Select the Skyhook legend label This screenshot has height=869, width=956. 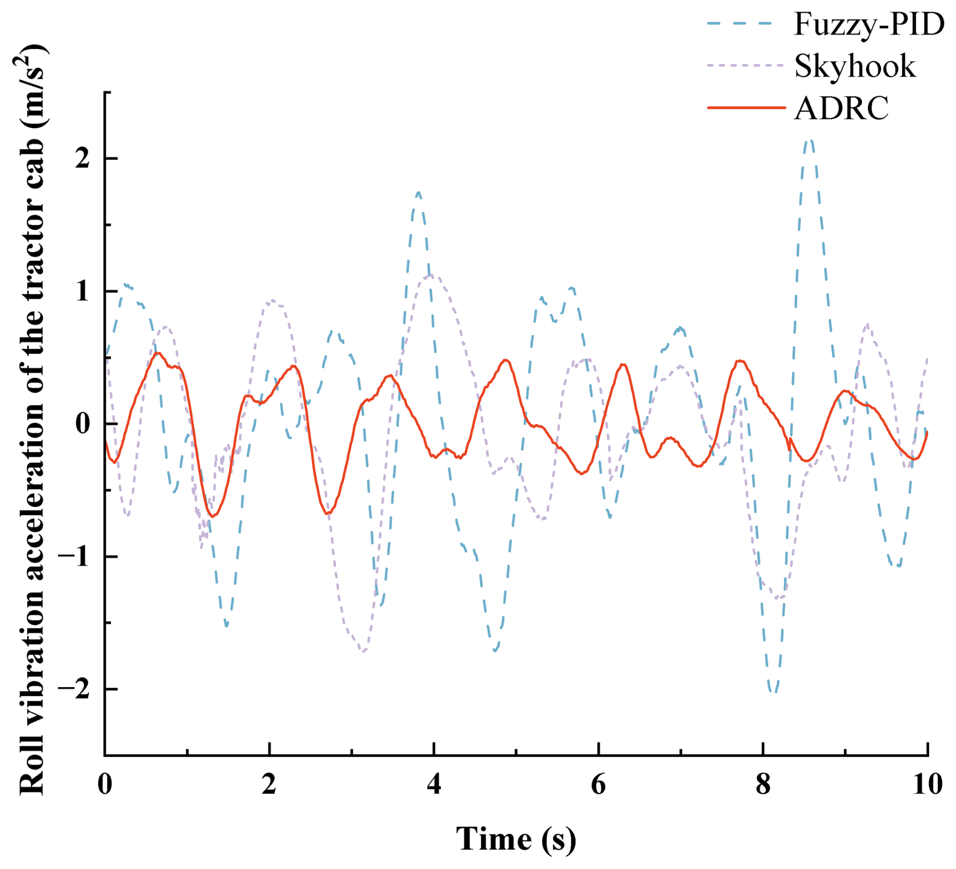[854, 66]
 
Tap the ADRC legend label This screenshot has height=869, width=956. [841, 108]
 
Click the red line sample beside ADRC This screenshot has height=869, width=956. [746, 108]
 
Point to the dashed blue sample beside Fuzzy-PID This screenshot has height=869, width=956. [740, 24]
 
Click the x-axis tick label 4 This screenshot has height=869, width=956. [434, 784]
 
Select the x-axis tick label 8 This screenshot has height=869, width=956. [763, 784]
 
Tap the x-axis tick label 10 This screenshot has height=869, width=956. [927, 784]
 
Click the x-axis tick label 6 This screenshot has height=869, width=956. [598, 784]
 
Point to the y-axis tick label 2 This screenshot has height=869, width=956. [82, 159]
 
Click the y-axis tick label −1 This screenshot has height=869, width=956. [74, 557]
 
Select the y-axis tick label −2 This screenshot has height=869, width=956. [74, 689]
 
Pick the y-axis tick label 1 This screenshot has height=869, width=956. [82, 292]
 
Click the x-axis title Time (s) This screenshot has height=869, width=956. [516, 839]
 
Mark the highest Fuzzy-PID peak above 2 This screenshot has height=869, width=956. [809, 141]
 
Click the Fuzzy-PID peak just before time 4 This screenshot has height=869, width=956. [418, 192]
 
